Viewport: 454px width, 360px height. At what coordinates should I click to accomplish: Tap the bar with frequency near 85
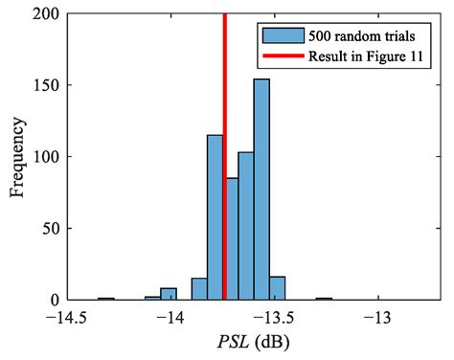(231, 238)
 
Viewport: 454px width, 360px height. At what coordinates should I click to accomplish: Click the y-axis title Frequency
(16, 156)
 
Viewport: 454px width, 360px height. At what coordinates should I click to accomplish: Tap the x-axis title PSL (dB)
(252, 343)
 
